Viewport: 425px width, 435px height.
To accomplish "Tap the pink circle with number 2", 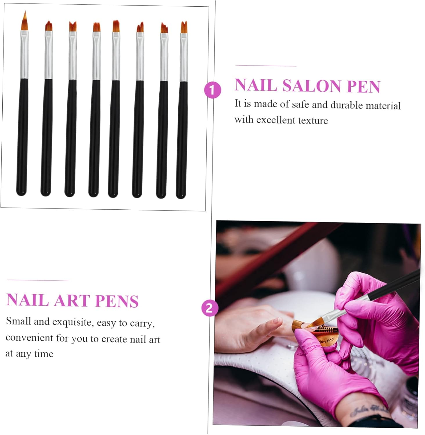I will [x=209, y=308].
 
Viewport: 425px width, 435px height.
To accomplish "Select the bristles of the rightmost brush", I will [x=184, y=27].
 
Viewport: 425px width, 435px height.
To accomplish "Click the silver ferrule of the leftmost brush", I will [x=24, y=55].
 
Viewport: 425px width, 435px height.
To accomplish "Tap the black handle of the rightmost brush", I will [x=182, y=139].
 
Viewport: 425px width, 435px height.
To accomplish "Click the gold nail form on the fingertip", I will [x=319, y=331].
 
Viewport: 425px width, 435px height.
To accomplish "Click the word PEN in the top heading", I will [x=363, y=86].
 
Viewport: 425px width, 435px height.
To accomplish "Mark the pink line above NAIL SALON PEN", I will [x=266, y=66].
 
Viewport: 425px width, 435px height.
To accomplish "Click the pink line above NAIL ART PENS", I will [x=39, y=280].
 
